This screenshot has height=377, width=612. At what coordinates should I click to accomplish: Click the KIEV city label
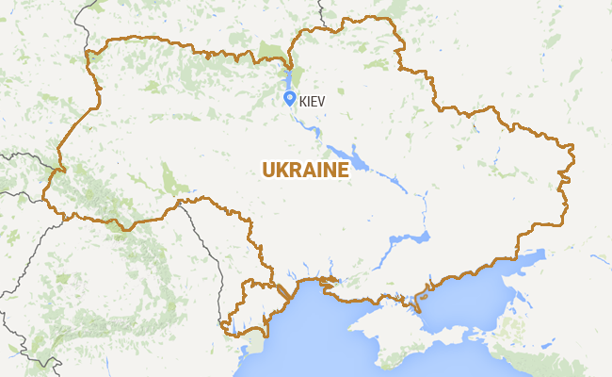(x=313, y=98)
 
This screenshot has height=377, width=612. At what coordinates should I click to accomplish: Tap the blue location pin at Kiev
(x=290, y=96)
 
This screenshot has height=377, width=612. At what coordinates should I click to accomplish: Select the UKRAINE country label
(x=306, y=170)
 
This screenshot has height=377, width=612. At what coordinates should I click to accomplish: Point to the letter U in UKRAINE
(x=269, y=170)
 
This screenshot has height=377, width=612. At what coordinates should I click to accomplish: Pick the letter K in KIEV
(x=303, y=98)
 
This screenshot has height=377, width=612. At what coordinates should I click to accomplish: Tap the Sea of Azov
(x=471, y=302)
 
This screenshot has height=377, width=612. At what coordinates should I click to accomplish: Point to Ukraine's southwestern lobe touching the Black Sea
(x=247, y=306)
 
